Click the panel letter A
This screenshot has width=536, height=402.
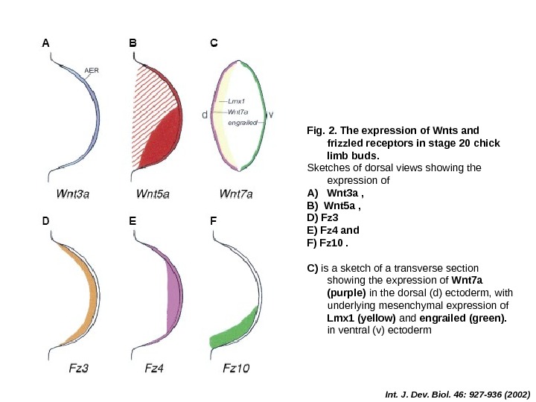[x=45, y=43]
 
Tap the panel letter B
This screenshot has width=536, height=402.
[x=133, y=43]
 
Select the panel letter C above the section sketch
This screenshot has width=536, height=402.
[x=214, y=43]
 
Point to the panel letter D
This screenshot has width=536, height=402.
[x=45, y=221]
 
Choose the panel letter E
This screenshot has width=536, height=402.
[x=133, y=221]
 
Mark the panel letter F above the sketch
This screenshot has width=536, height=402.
[x=214, y=221]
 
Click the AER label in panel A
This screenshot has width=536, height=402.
[x=92, y=71]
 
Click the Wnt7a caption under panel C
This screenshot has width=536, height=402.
[x=237, y=194]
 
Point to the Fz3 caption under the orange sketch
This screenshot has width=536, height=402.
[x=78, y=368]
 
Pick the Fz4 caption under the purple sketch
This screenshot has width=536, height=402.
[x=154, y=368]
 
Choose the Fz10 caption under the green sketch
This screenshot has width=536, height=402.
[x=237, y=368]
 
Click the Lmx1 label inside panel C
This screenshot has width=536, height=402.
[x=237, y=102]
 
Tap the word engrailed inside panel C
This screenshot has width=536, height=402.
[x=242, y=123]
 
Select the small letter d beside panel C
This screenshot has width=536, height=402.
[x=205, y=115]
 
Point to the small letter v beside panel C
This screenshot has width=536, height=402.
[x=270, y=115]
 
